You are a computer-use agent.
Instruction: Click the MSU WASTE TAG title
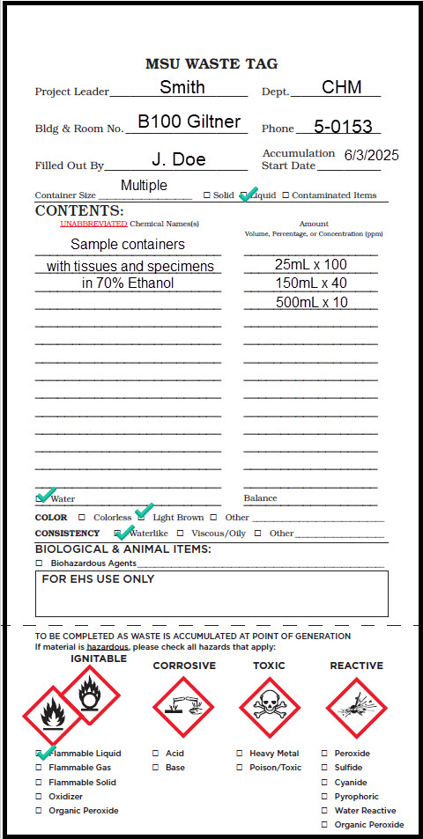(x=211, y=63)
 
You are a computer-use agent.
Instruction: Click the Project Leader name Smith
(x=182, y=86)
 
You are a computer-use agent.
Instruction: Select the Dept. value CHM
(x=335, y=86)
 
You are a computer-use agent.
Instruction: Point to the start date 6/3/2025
(x=371, y=155)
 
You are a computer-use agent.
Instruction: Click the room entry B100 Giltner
(x=189, y=121)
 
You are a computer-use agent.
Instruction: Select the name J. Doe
(x=179, y=159)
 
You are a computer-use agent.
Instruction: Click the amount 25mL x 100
(x=310, y=264)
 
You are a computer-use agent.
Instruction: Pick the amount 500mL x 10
(x=310, y=303)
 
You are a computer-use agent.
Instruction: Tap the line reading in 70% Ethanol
(x=128, y=283)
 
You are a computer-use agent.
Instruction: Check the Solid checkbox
(x=206, y=195)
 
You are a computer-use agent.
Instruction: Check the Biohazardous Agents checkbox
(x=39, y=563)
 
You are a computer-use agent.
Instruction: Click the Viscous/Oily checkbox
(x=180, y=534)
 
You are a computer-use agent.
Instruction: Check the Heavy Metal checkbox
(x=240, y=754)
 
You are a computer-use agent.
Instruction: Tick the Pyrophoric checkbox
(x=324, y=797)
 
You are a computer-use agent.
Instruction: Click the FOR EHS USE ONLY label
(x=98, y=579)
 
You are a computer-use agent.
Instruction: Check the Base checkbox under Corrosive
(x=155, y=768)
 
